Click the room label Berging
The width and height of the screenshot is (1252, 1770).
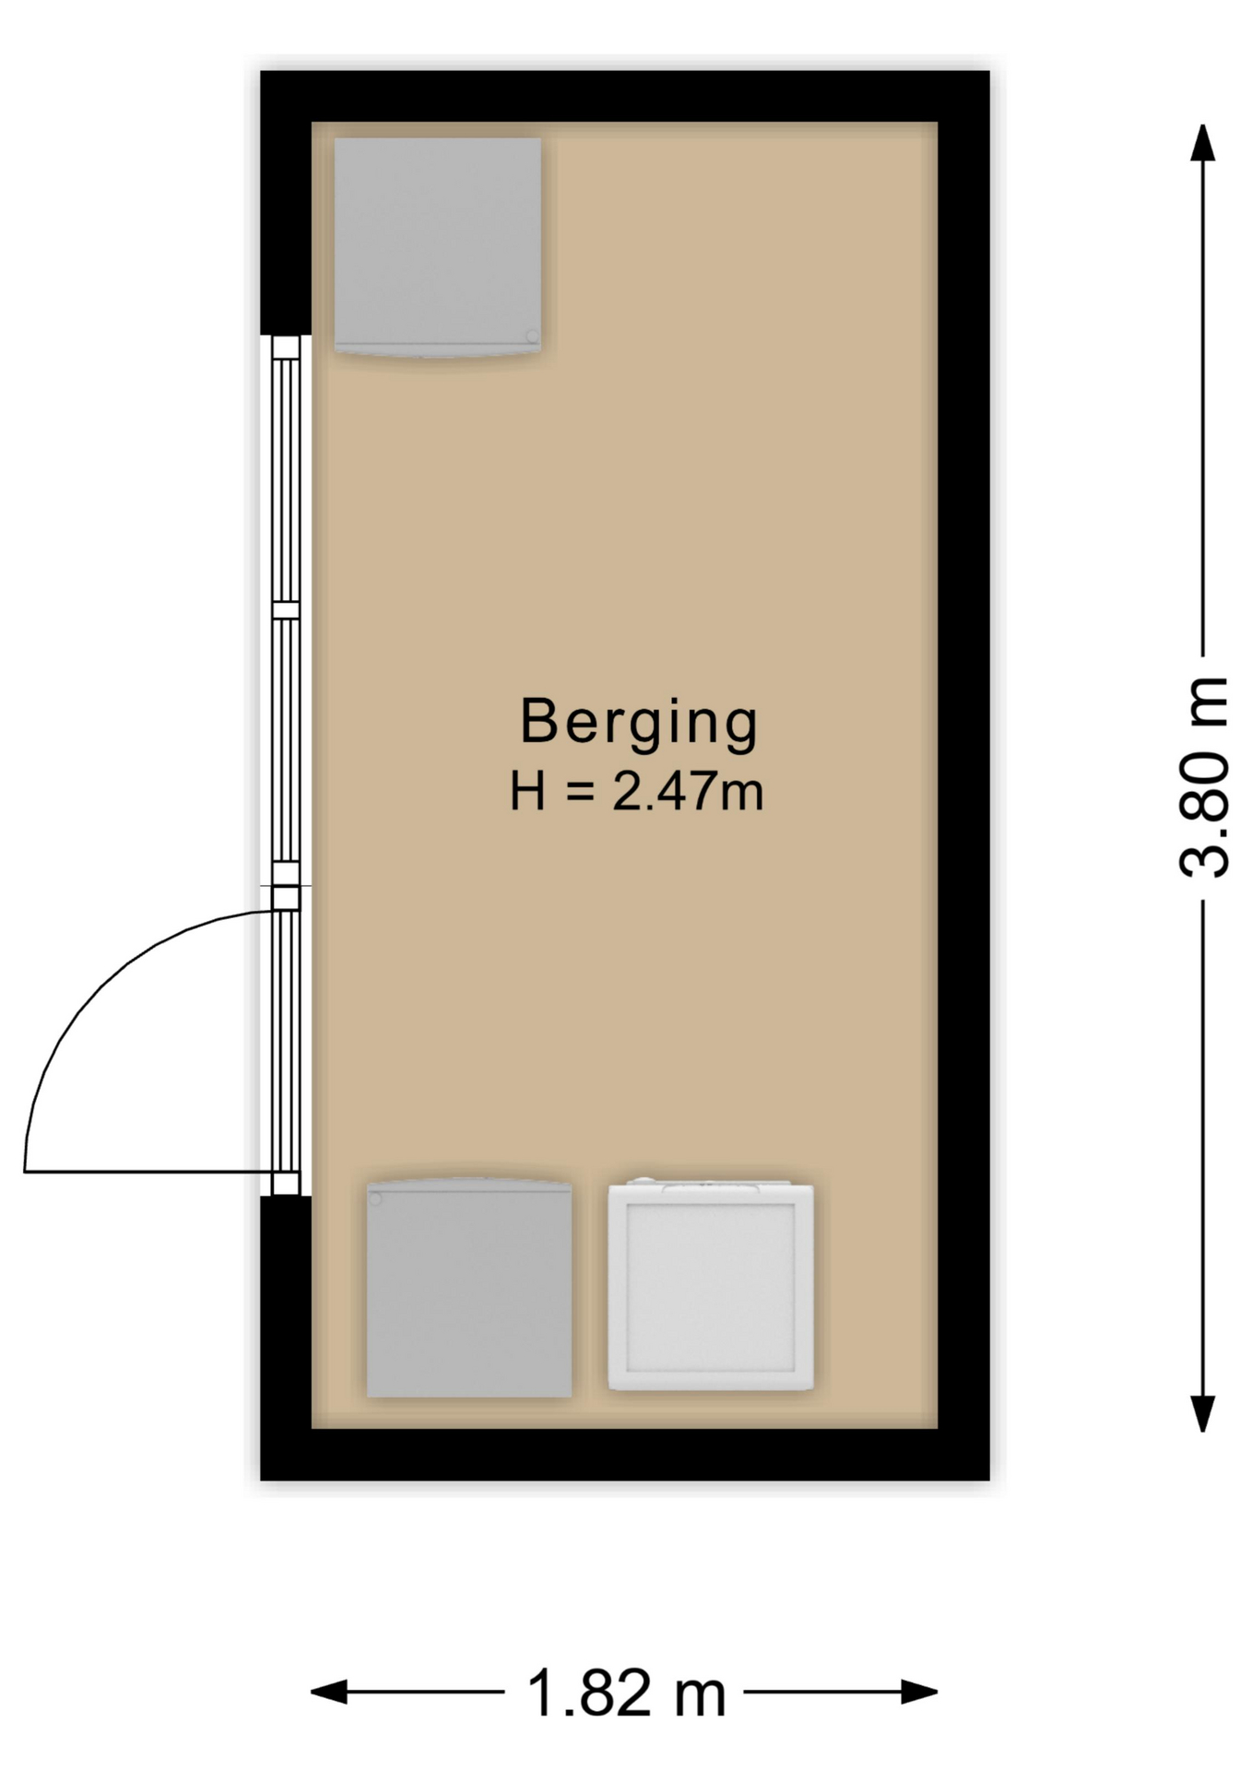638,722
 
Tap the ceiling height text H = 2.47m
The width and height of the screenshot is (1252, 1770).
636,792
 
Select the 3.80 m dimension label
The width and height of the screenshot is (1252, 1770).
1203,776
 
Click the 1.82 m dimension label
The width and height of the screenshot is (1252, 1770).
625,1693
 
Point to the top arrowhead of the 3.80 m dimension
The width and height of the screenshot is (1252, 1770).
1202,143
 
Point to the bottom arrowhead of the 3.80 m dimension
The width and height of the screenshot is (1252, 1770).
1202,1412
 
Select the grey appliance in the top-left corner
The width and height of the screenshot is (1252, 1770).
437,244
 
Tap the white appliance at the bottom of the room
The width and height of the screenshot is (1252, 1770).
710,1286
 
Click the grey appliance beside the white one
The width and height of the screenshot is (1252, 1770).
468,1289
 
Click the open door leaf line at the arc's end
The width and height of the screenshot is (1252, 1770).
148,1172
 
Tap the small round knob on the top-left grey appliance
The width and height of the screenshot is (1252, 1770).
532,336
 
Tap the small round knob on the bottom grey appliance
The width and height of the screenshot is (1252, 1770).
375,1198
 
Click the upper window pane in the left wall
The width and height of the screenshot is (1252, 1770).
286,479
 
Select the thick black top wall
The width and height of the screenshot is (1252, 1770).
625,96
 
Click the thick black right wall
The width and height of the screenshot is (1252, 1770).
963,774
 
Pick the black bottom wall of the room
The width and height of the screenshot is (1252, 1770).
625,1454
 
